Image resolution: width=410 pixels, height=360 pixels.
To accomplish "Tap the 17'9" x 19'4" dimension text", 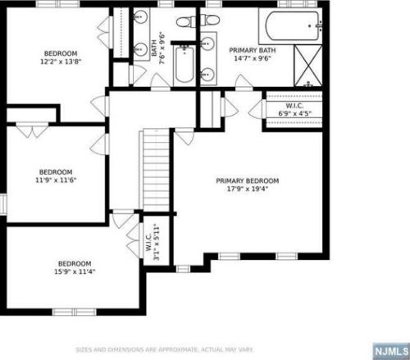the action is tap(248, 189).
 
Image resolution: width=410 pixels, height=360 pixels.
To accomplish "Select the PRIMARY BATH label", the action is tap(252, 50).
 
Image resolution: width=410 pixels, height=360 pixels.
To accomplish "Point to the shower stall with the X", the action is tap(308, 65).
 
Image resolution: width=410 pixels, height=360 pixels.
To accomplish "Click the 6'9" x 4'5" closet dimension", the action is tap(295, 113).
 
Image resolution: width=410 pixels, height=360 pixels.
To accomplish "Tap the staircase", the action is tap(155, 171).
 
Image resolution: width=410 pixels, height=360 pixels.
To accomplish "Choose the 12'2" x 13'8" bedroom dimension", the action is tap(61, 62).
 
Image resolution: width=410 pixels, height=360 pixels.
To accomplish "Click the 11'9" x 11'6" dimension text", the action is tap(56, 180).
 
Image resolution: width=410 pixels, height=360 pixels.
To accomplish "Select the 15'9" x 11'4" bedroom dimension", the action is tap(75, 271).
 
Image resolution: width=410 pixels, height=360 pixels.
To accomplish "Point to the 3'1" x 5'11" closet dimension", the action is tap(157, 242).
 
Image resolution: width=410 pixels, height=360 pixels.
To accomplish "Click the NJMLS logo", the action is tap(391, 351).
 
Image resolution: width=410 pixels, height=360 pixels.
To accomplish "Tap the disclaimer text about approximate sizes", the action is tap(164, 349).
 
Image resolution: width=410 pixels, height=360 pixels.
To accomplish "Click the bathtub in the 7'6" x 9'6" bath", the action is tap(184, 64).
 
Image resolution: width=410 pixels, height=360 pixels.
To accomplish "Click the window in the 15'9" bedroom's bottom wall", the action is tap(75, 312).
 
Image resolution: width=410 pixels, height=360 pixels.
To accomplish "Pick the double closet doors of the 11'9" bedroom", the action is tap(32, 130).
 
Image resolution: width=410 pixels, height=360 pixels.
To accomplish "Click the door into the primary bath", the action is tap(244, 83).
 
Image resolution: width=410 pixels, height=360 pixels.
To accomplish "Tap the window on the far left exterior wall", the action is tap(3, 204).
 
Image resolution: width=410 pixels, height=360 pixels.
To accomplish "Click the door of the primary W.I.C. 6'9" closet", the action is tap(257, 109).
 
